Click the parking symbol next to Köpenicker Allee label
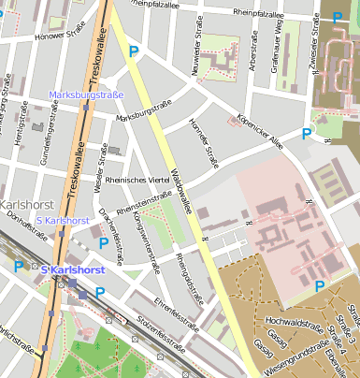(306, 134)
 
